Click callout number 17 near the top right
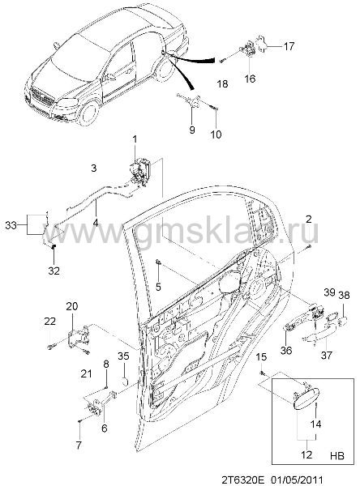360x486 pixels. click(x=289, y=46)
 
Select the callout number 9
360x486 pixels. click(x=192, y=130)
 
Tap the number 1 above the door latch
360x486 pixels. click(x=135, y=140)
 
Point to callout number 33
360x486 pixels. click(x=11, y=225)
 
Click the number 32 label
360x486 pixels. click(x=54, y=271)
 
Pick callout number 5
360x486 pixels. click(x=158, y=287)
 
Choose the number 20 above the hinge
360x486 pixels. click(x=72, y=306)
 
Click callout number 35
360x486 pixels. click(x=123, y=356)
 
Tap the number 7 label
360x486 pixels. click(x=79, y=446)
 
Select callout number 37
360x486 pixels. click(x=327, y=355)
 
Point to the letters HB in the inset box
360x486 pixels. click(x=337, y=456)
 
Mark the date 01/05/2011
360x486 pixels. click(x=298, y=480)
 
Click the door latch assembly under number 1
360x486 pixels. click(x=141, y=172)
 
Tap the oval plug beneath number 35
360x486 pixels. click(x=124, y=381)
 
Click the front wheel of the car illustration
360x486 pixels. click(x=88, y=113)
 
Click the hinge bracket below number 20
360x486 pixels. click(x=78, y=339)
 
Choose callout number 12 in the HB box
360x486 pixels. click(x=306, y=455)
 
